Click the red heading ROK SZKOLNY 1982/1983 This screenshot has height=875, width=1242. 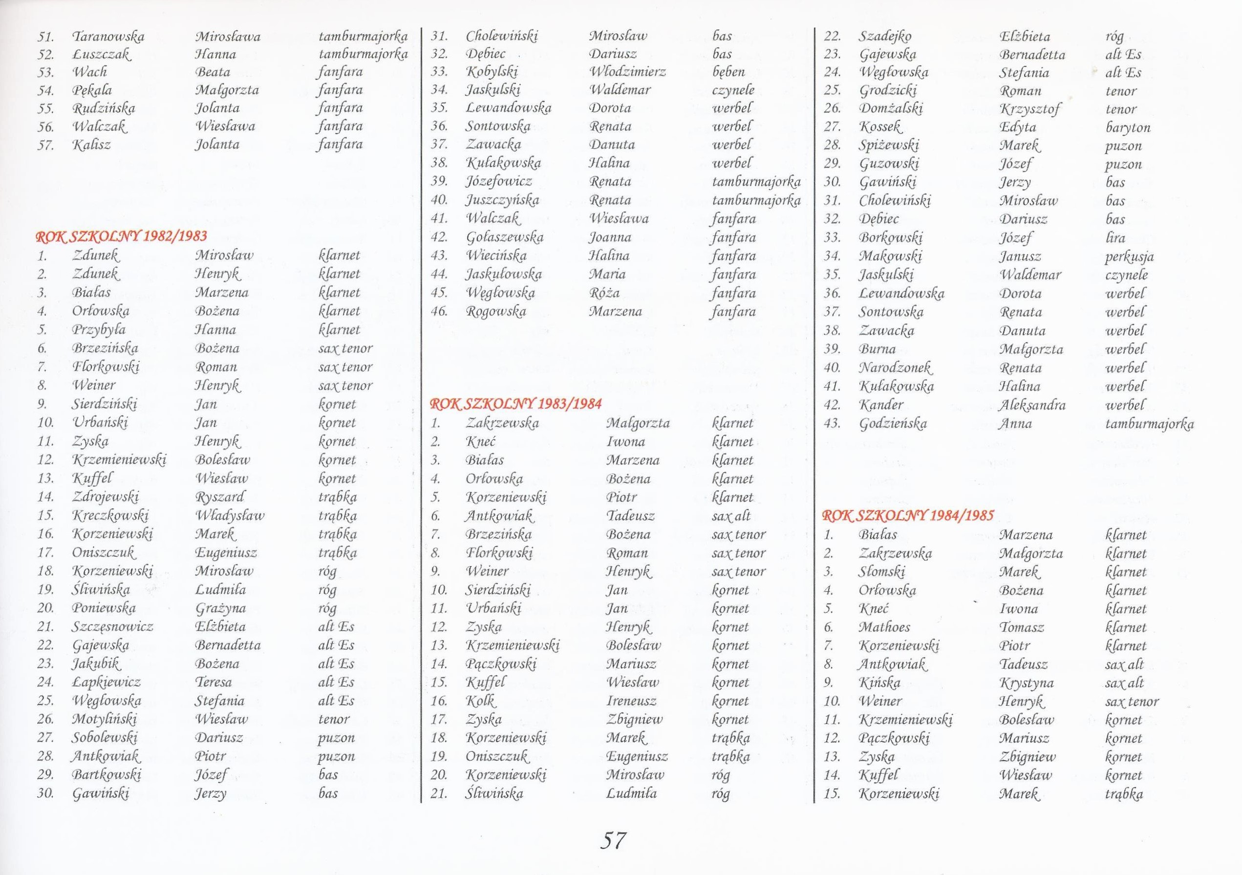coord(121,236)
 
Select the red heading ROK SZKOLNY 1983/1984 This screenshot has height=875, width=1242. coord(515,404)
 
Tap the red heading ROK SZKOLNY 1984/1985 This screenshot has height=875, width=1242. coord(908,515)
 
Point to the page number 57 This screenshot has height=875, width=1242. coord(613,840)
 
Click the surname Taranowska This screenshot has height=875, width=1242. coord(108,37)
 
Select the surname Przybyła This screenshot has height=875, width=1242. coord(99,329)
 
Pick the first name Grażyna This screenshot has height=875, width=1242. coord(221,608)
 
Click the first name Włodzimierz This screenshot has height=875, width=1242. coord(627,72)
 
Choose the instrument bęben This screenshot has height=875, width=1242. coord(728,72)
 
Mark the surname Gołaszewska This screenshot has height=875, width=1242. coord(504,237)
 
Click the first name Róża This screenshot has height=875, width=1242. coord(604,293)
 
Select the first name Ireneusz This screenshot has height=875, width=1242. coord(631,701)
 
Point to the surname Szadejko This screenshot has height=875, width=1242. coord(885,37)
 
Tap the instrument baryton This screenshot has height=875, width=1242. coord(1128,128)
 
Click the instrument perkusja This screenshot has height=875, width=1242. coord(1130,257)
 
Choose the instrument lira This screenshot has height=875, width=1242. coord(1115,238)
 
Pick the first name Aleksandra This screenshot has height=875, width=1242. coord(1032,405)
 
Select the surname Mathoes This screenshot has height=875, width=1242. coord(884,628)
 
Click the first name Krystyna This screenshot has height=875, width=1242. coord(1026,683)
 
